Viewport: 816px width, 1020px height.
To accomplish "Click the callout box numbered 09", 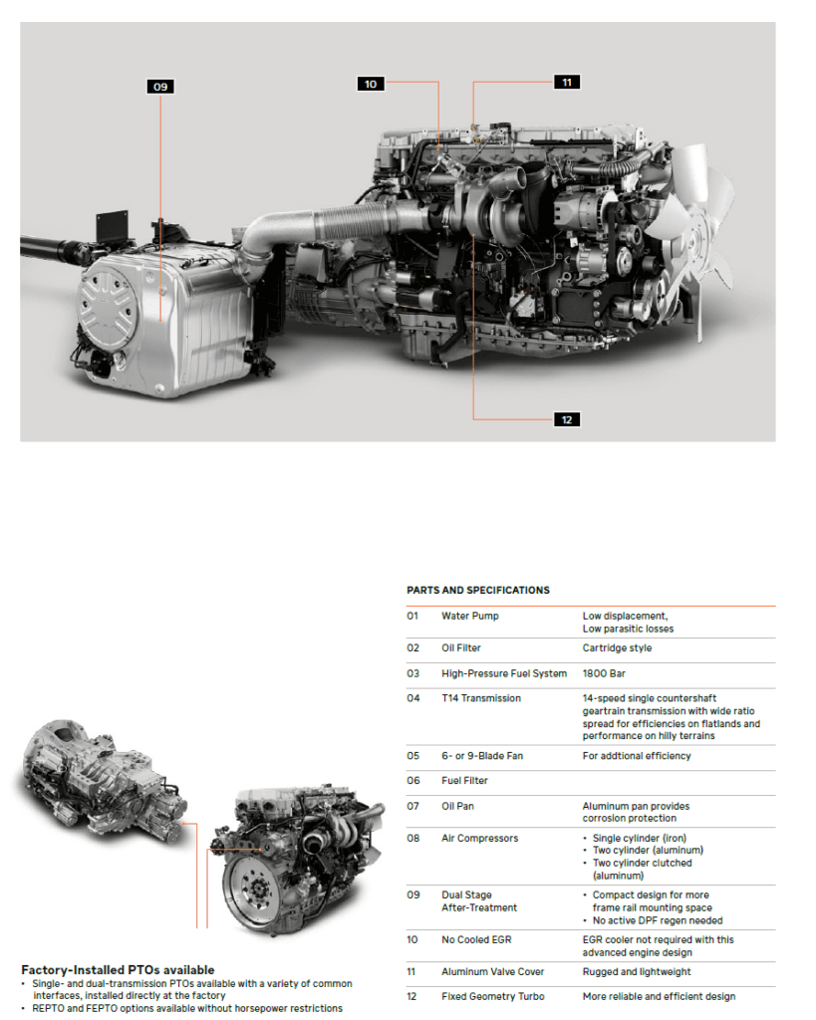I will pos(160,87).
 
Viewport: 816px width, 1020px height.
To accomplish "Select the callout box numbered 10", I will pos(371,84).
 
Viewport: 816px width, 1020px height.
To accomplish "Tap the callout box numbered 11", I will pos(566,82).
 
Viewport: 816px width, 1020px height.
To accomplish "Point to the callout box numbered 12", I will pos(566,419).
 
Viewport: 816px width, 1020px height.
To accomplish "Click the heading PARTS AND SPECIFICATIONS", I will pos(478,591).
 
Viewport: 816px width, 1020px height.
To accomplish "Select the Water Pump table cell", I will pos(470,616).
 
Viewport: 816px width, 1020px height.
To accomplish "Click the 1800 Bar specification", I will pos(604,673).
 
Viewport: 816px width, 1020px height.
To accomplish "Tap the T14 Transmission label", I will pos(481,698).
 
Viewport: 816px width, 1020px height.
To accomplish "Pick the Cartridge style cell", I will pos(618,648).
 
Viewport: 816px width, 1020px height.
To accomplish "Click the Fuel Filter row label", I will pos(464,781).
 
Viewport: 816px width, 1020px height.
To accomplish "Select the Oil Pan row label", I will pos(458,806).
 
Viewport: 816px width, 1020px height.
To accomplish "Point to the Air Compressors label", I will pos(480,839).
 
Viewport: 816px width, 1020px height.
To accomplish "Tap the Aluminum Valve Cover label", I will pos(493,971).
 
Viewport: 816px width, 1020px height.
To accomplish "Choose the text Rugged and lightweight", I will pos(637,971).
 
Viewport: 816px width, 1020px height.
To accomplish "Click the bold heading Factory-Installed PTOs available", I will pos(118,970).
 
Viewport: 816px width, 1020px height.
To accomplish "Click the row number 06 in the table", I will pos(413,781).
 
